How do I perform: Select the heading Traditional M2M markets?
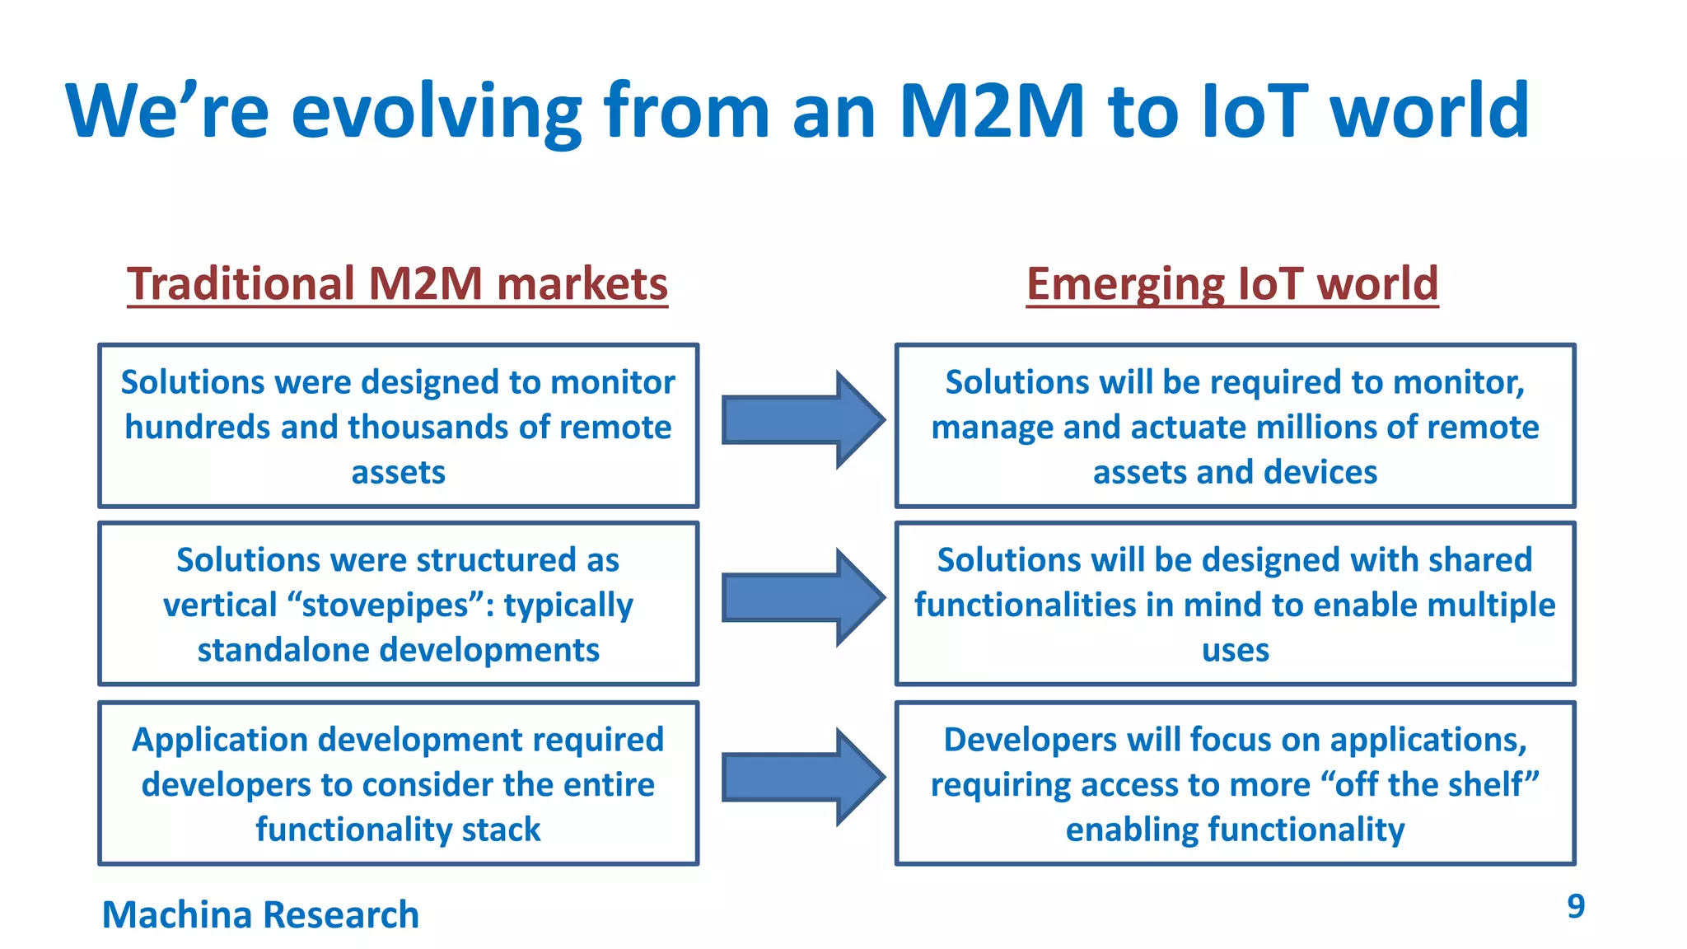[x=397, y=284]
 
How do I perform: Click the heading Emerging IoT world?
[x=1231, y=284]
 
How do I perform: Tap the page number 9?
[x=1575, y=906]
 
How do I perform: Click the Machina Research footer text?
[x=260, y=914]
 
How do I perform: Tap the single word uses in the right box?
[x=1235, y=651]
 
